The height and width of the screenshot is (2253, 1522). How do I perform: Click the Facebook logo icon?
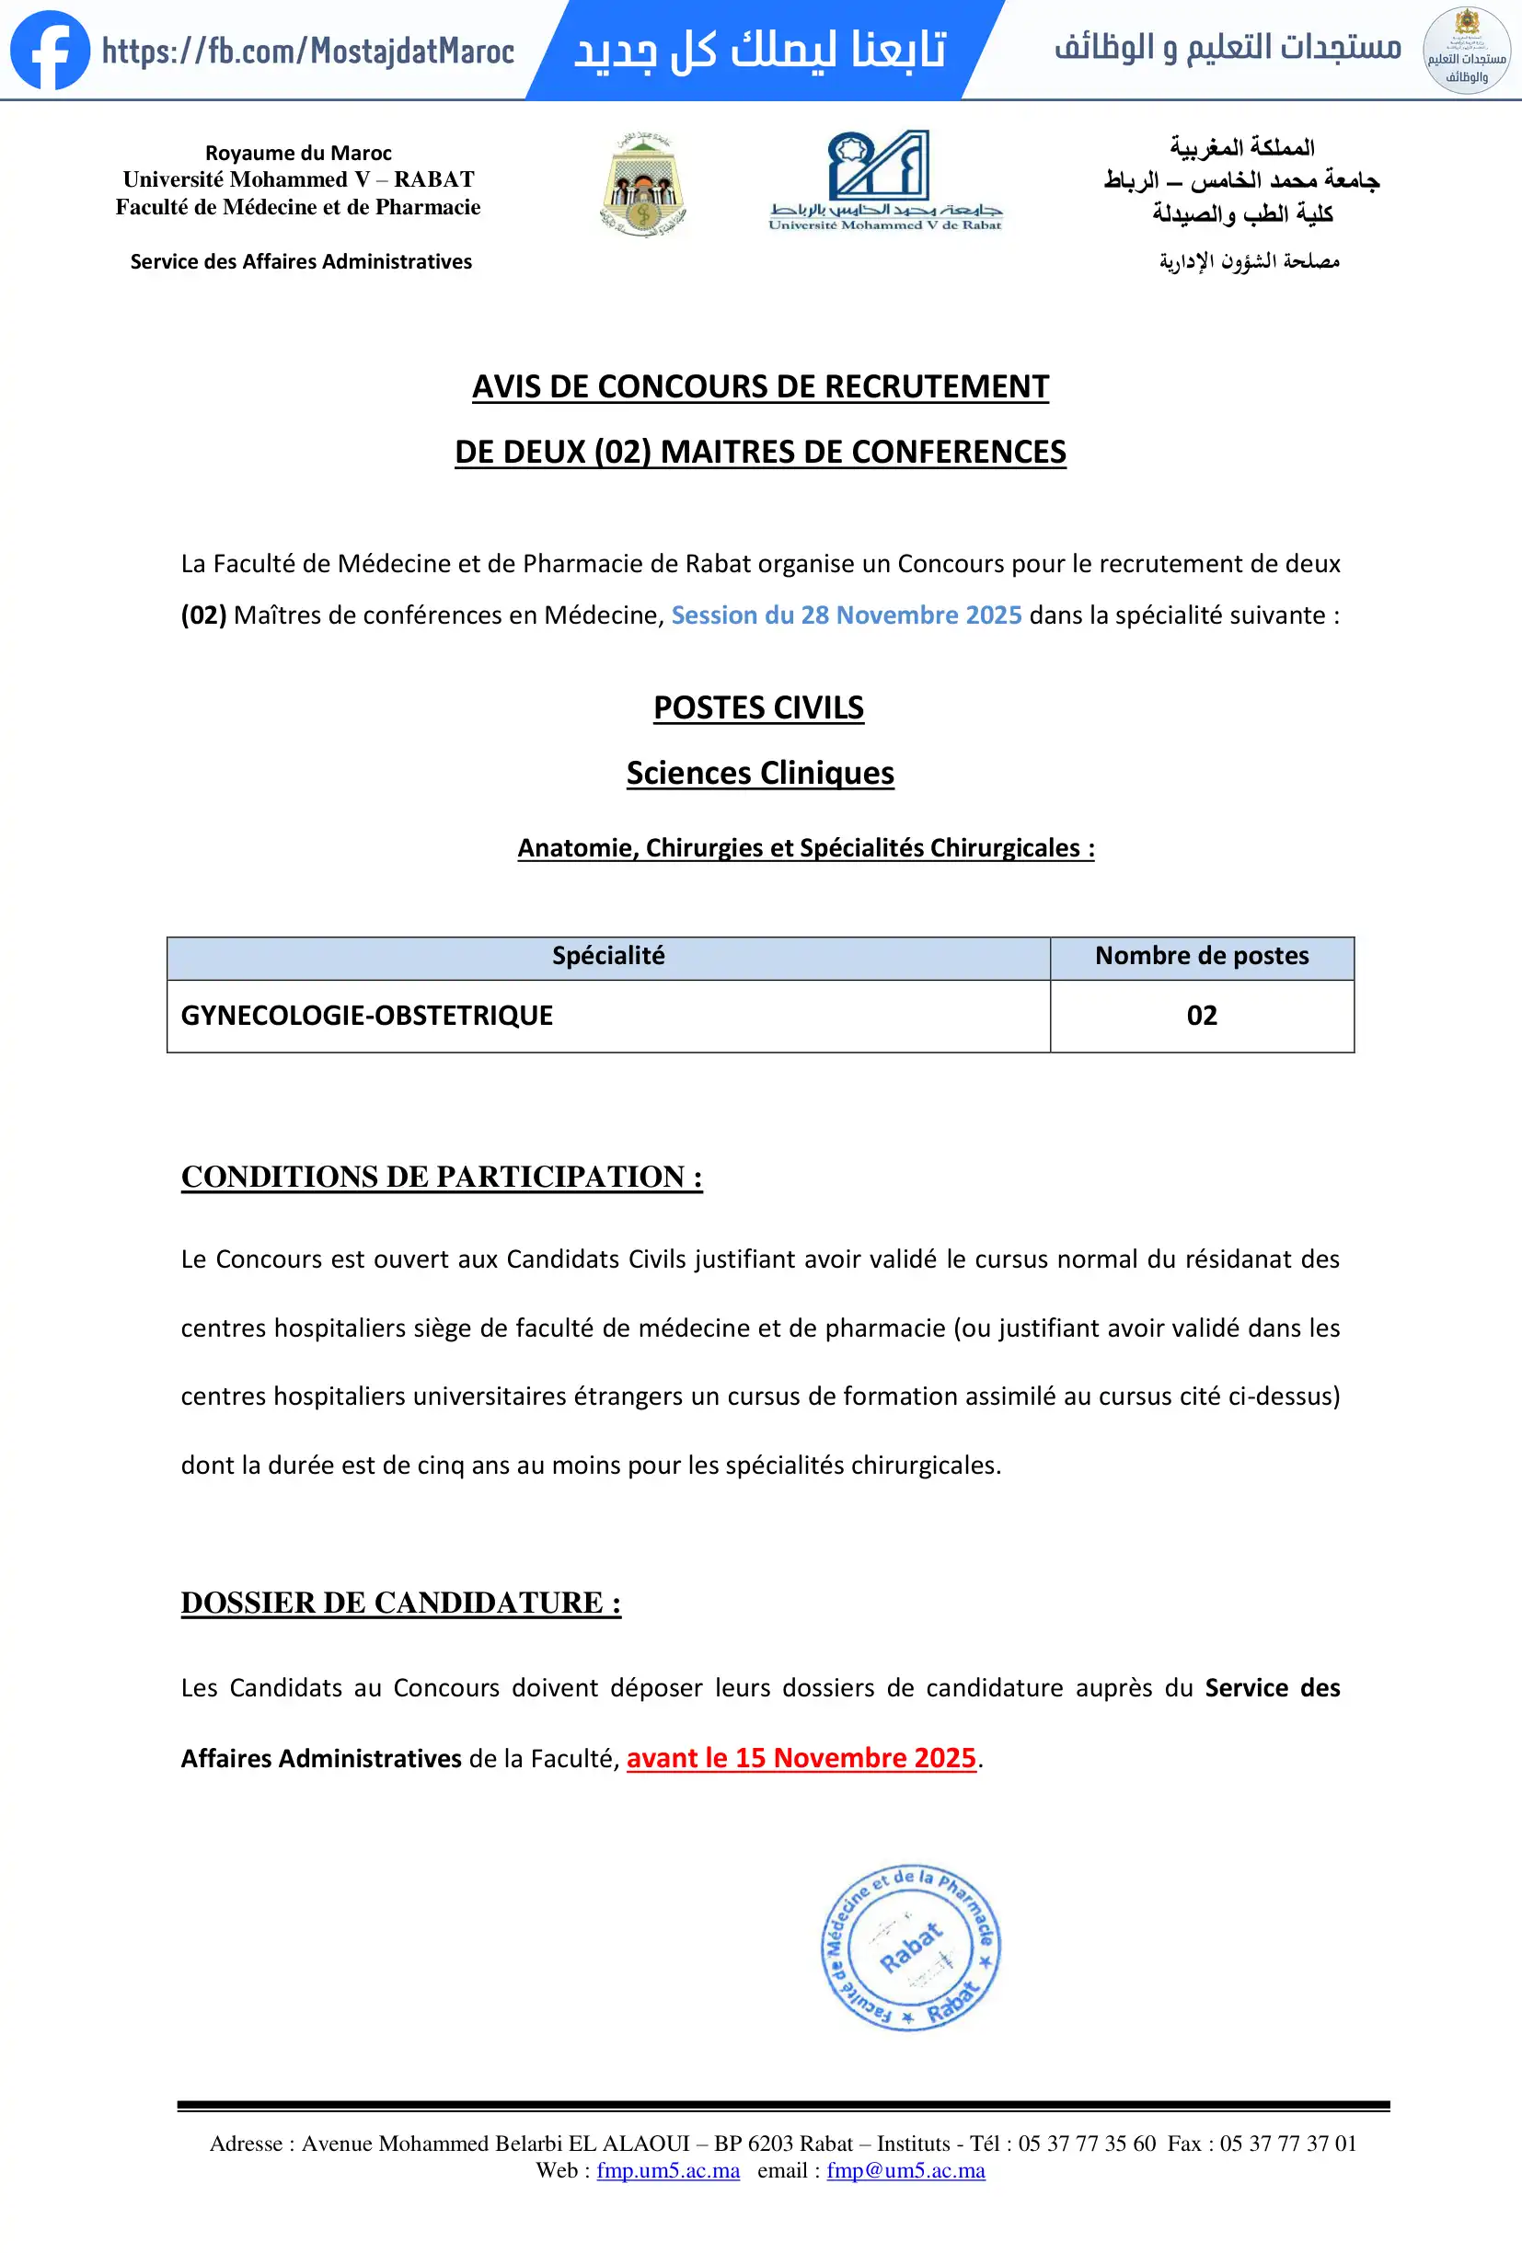[x=50, y=51]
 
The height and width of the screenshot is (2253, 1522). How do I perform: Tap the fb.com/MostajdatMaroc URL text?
[x=308, y=52]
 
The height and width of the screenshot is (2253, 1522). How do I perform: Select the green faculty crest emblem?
[x=642, y=184]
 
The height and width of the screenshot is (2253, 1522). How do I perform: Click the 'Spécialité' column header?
[x=608, y=957]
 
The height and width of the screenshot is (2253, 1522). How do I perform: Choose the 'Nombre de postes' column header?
[x=1201, y=957]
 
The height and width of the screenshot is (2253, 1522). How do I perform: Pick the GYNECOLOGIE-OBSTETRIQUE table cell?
[x=366, y=1016]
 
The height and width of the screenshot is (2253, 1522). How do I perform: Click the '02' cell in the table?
[x=1201, y=1016]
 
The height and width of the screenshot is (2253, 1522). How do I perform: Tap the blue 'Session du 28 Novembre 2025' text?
[x=847, y=615]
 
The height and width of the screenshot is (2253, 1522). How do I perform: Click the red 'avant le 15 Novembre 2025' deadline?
[x=801, y=1759]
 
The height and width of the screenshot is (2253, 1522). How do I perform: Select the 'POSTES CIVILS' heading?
[x=758, y=708]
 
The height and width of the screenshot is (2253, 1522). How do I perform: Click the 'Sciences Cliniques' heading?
[x=760, y=774]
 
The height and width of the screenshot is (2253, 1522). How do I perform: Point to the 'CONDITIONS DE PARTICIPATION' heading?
[x=441, y=1177]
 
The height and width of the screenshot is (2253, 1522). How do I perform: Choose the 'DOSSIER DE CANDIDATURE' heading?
[x=400, y=1604]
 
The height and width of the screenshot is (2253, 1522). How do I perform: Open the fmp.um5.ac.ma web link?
[x=668, y=2170]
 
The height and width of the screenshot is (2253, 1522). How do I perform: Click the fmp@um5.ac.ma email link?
[x=905, y=2170]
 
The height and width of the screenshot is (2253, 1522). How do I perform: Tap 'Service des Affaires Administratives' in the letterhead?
[x=301, y=262]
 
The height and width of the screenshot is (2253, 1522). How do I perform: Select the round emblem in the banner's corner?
[x=1466, y=51]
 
